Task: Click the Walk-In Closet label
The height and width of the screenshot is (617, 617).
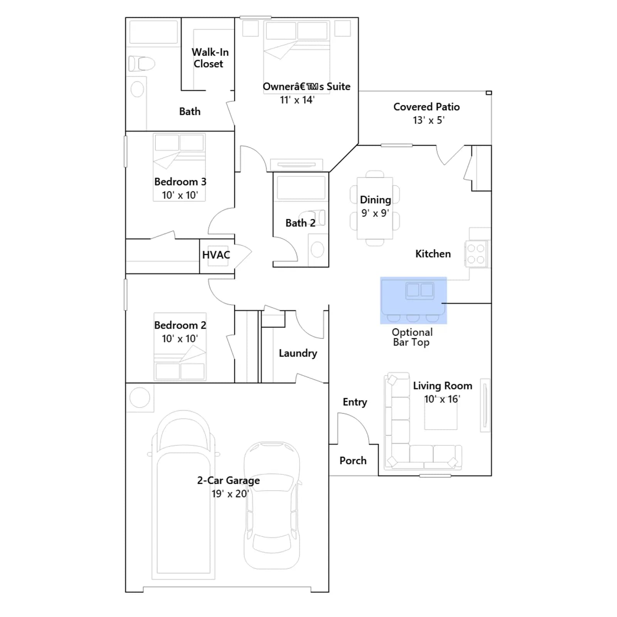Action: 210,58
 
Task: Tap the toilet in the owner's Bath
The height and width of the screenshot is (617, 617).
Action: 142,64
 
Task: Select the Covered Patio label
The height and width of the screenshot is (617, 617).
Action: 427,107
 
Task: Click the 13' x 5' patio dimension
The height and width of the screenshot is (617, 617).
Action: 428,120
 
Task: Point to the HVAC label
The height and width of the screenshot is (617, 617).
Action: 216,255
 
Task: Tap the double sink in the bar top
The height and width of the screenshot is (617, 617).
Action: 420,291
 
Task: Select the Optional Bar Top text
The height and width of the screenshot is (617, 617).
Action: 412,337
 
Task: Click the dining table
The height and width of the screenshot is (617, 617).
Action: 375,208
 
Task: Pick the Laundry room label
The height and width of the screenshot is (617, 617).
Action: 298,353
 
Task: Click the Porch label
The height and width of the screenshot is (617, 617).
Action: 353,460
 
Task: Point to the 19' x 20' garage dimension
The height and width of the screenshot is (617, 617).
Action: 230,494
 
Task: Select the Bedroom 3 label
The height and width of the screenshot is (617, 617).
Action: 180,182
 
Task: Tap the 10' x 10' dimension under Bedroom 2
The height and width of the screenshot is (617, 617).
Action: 180,339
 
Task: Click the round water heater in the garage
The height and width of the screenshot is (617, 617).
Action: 140,398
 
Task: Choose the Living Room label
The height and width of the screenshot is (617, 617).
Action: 443,386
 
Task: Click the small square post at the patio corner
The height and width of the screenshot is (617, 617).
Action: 489,93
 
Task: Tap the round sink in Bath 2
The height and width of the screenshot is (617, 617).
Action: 317,249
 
